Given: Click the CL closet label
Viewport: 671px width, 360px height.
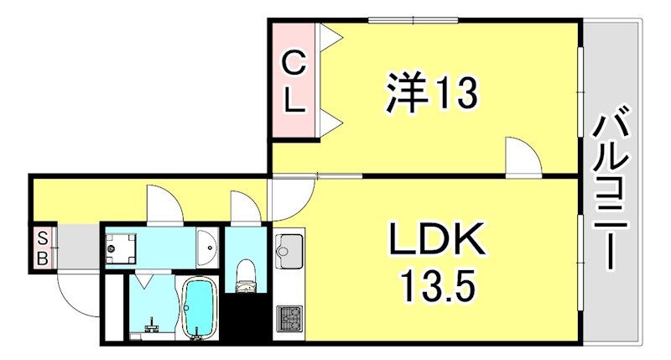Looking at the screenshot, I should click(x=293, y=81).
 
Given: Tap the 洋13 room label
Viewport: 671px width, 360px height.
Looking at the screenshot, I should click(x=430, y=92).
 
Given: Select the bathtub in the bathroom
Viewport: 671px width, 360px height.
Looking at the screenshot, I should click(x=200, y=307).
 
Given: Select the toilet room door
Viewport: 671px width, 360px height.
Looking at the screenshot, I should click(x=246, y=208).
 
